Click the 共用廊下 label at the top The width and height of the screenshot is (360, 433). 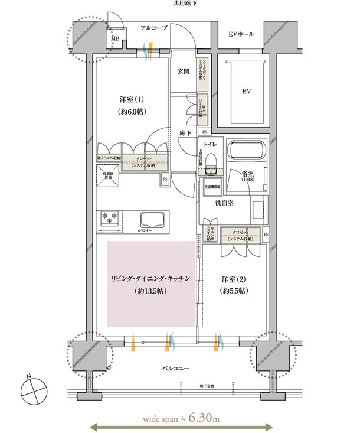tap(184, 4)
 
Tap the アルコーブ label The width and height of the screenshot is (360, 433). tap(155, 28)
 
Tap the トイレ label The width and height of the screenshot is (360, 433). tap(209, 144)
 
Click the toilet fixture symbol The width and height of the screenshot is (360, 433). tap(214, 161)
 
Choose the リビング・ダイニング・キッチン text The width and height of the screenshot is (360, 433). tap(151, 279)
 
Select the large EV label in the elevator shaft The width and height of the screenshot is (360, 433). tap(244, 92)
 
